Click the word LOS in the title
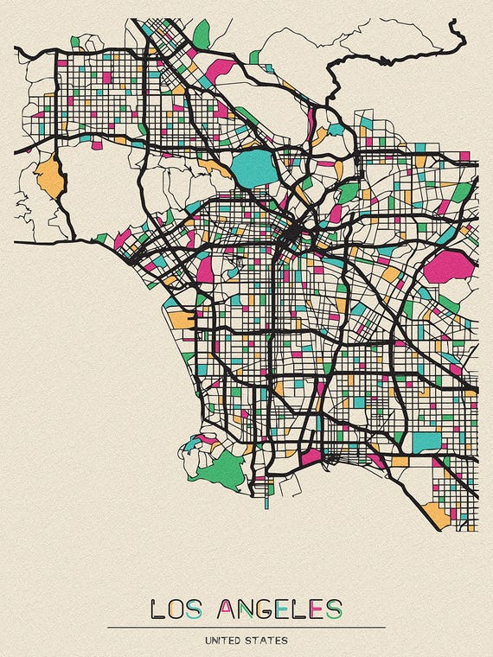point(176,609)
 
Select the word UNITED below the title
point(224,641)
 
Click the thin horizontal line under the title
point(246,628)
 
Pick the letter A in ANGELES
point(229,609)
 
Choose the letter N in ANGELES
point(250,609)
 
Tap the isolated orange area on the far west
point(49,175)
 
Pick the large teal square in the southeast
point(426,441)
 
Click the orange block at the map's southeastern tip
point(438,516)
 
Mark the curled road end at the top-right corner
point(457,35)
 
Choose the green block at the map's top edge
point(202,35)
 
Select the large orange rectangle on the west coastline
point(182,319)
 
